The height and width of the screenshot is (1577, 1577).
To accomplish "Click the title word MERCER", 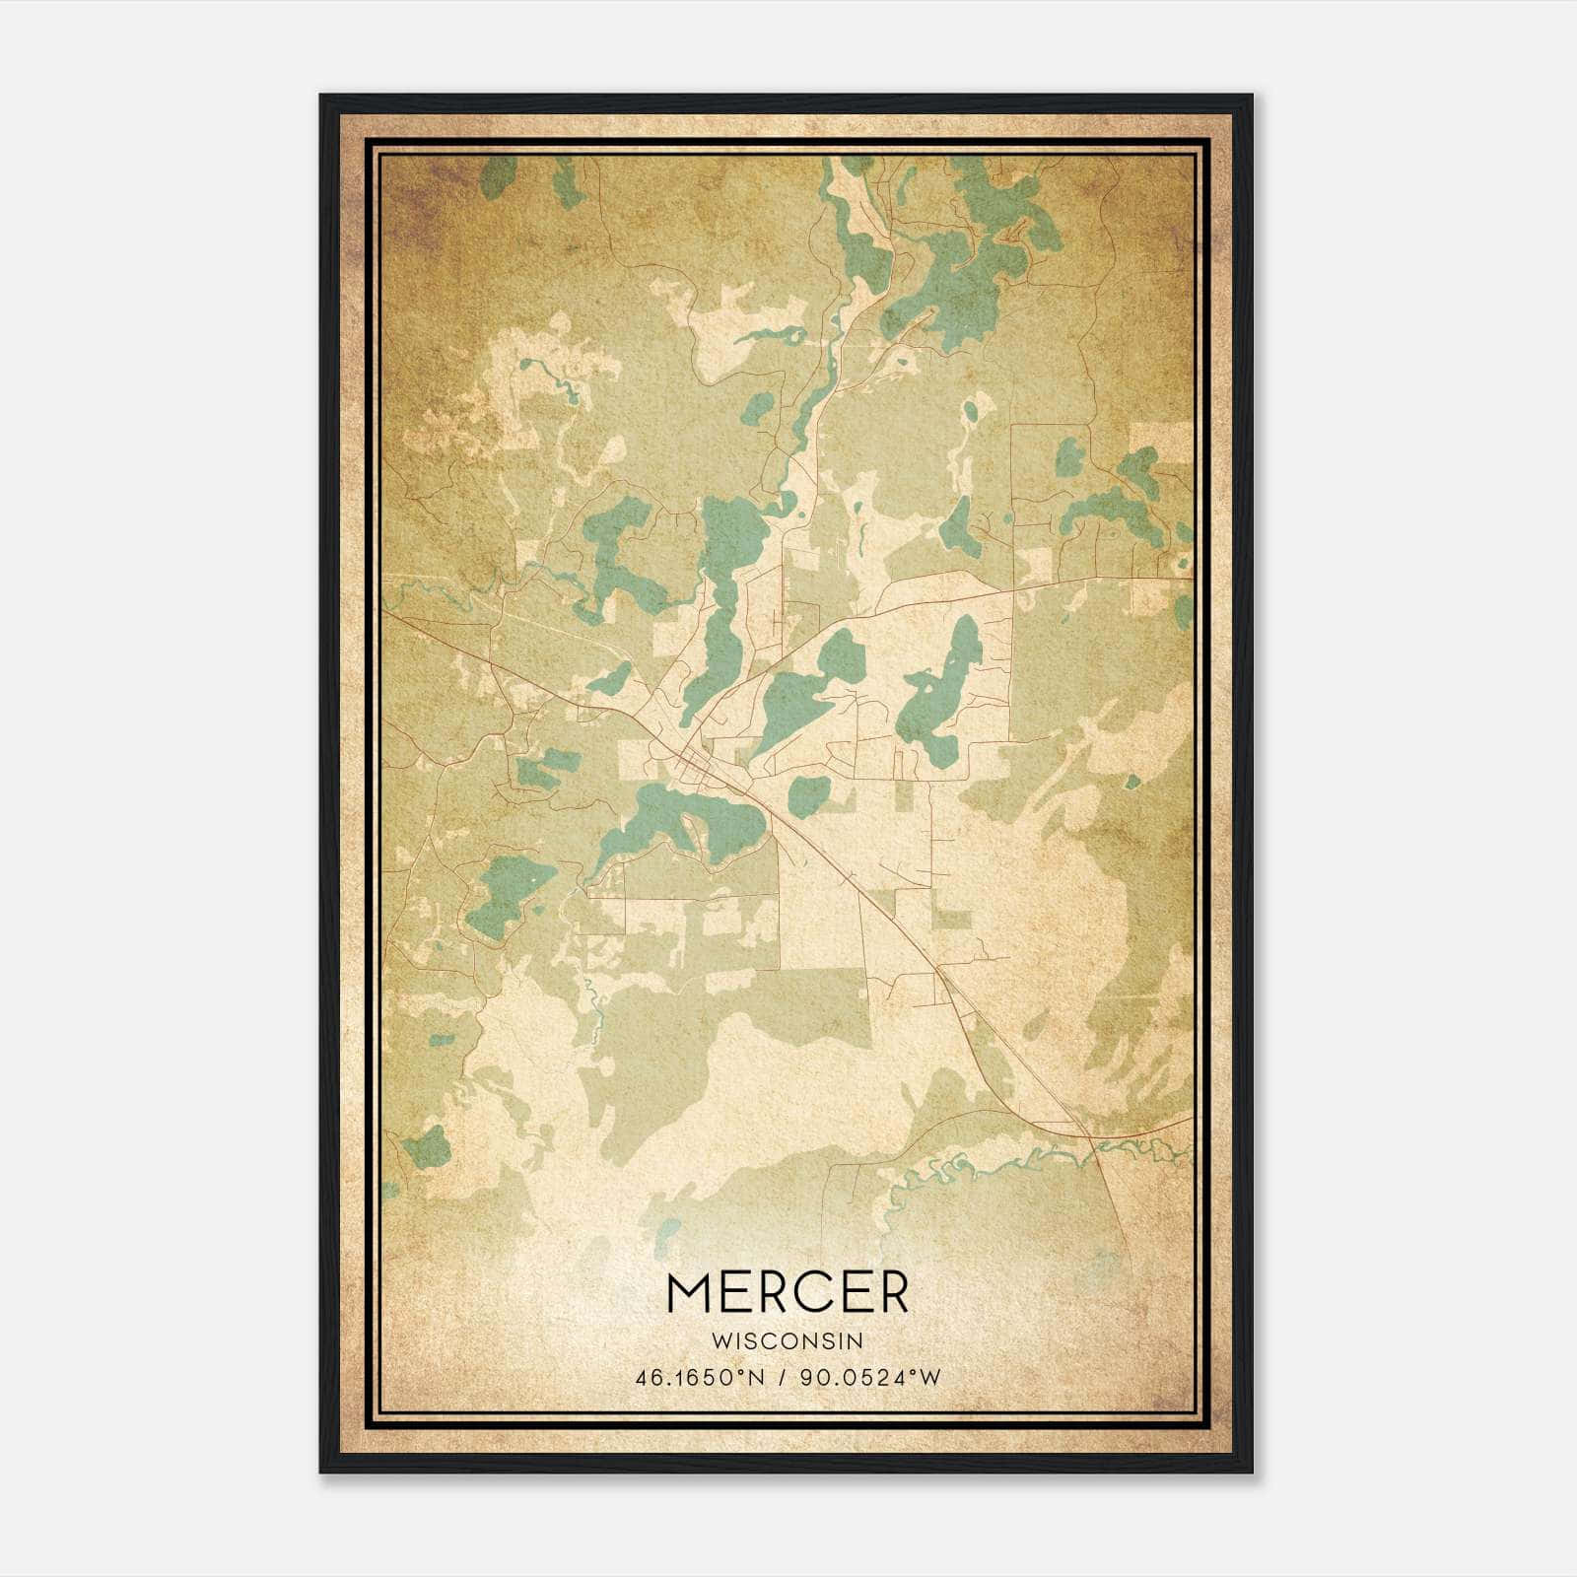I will [x=788, y=1292].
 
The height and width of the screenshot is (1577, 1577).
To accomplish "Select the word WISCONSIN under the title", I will [x=788, y=1341].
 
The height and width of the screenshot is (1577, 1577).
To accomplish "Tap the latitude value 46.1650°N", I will [x=700, y=1378].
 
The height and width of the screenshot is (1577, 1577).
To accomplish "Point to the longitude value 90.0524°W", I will [x=867, y=1378].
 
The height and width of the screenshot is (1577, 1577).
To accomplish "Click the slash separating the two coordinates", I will [x=782, y=1378].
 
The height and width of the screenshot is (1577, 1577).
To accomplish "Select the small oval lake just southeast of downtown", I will [x=810, y=794].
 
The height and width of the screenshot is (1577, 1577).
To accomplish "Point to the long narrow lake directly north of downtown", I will [x=721, y=601].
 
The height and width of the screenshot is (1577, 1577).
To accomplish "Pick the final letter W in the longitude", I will [x=930, y=1378].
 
